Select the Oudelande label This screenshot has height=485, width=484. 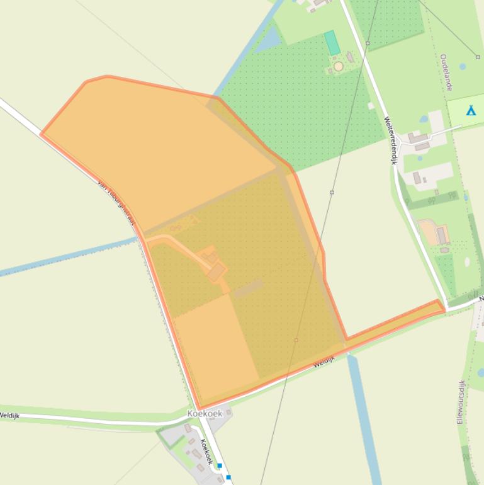pos(446,72)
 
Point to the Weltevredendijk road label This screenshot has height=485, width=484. pos(390,140)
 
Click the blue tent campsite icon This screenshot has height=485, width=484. pos(470,111)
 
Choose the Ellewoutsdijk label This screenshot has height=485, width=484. pos(461,402)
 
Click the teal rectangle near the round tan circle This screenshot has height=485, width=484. pos(332,43)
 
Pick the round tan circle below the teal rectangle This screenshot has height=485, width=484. pos(339,66)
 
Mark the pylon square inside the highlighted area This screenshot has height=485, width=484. pos(296,340)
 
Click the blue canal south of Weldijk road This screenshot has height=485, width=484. pos(364,416)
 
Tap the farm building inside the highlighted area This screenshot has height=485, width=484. pos(216,272)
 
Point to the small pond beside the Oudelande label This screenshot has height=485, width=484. pos(463,66)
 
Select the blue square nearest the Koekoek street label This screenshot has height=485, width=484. pos(220,466)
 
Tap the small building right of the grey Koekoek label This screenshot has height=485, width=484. pos(228,412)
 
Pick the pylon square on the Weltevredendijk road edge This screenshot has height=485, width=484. pos(368,43)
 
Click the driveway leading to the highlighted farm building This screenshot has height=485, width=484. pos(179,246)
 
